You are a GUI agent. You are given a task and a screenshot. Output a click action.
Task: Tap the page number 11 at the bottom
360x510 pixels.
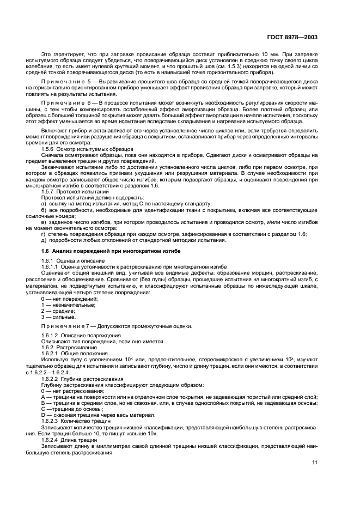[x=314, y=462]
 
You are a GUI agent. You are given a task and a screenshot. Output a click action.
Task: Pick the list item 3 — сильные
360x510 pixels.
[x=58, y=317]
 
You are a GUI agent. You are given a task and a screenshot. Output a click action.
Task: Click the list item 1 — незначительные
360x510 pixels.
[x=66, y=305]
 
